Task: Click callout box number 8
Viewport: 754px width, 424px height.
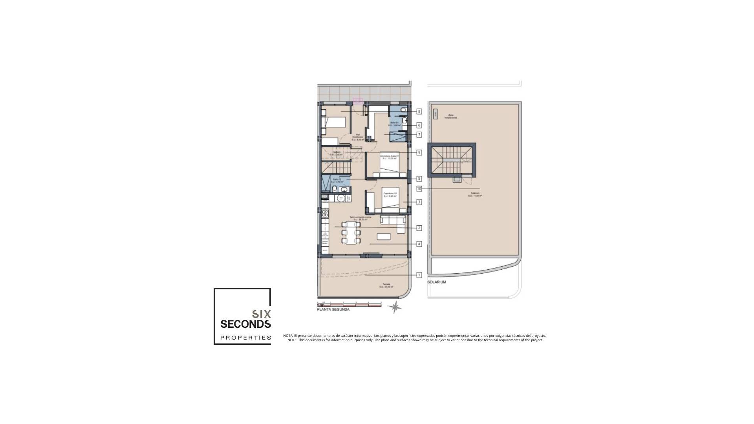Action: coord(419,111)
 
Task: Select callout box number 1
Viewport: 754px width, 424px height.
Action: coord(419,275)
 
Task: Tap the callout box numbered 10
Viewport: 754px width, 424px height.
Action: coord(419,189)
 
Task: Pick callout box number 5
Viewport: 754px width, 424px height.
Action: coord(419,179)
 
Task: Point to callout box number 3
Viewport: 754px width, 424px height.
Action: coord(419,202)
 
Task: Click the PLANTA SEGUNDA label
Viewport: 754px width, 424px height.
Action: coord(333,309)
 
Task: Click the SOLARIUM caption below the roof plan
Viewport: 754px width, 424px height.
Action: coord(437,282)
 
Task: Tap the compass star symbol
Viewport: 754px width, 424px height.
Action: coord(394,307)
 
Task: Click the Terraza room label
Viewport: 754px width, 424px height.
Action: coord(386,285)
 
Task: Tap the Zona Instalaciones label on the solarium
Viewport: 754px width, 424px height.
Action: coord(450,116)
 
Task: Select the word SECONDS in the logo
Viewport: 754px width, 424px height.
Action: coord(245,324)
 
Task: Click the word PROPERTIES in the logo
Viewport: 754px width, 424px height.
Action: coord(245,338)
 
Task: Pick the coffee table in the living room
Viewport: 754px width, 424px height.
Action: coord(384,236)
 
